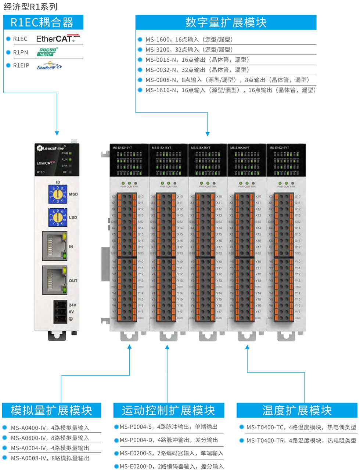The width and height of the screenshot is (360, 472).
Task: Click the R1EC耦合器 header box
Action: pos(43,22)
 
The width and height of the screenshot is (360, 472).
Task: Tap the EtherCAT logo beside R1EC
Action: pos(58,39)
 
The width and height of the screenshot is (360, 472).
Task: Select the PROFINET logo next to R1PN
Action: pos(47,52)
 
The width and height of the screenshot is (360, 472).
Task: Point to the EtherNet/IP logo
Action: pos(49,66)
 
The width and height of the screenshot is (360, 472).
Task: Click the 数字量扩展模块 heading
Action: pos(226,22)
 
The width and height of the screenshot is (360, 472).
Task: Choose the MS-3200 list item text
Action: pos(189,50)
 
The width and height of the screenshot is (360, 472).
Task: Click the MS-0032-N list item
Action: pos(197,70)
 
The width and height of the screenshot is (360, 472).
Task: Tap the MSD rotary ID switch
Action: pos(58,194)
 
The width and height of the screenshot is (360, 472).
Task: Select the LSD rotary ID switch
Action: pos(58,217)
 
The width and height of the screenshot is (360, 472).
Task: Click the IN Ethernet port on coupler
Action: pos(55,246)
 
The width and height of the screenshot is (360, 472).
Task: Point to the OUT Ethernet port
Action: pos(55,280)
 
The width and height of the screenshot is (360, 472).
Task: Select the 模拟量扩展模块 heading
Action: pos(51,410)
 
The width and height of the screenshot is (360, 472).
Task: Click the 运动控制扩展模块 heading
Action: pos(168,410)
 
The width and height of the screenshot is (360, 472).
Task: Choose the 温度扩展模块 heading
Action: pos(297,410)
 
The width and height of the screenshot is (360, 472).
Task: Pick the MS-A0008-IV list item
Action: pos(50,458)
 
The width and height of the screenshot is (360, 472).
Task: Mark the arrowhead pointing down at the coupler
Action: pos(57,133)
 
